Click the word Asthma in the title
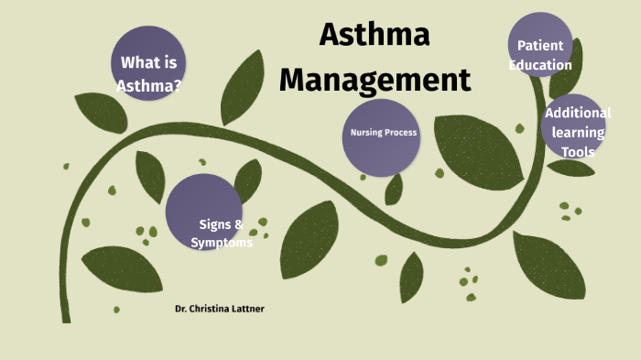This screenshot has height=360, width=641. click(x=374, y=37)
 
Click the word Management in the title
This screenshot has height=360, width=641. click(x=375, y=80)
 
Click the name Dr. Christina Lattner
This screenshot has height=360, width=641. click(x=220, y=310)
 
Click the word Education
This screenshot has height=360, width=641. click(x=540, y=65)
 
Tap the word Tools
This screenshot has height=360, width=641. click(x=578, y=152)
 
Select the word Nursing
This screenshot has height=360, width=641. click(x=365, y=133)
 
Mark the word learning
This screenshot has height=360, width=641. click(x=578, y=133)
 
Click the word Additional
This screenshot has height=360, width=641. click(x=577, y=113)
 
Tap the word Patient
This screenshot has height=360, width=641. click(x=540, y=46)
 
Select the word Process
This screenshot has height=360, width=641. click(x=401, y=133)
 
